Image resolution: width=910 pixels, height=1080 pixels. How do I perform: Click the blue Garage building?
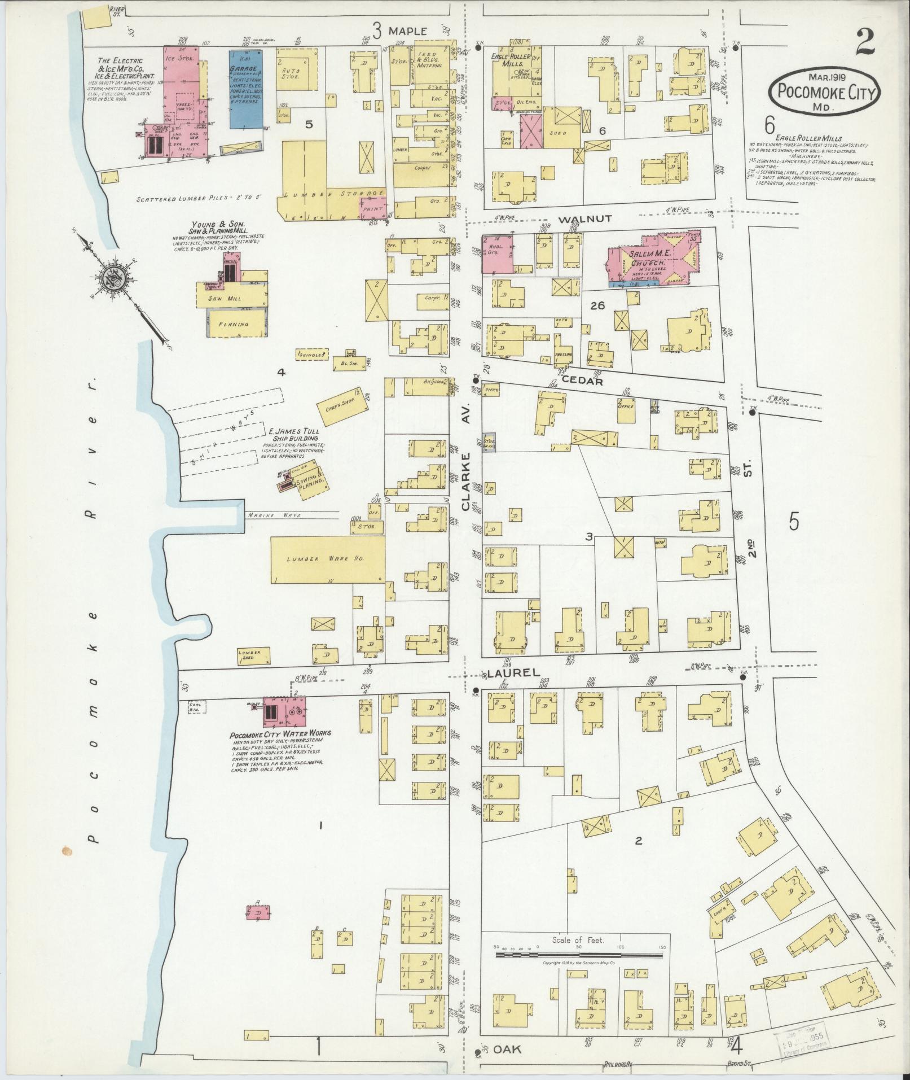(x=245, y=89)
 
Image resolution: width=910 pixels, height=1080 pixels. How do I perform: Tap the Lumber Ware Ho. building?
(x=327, y=558)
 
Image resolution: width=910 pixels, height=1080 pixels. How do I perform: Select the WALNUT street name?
(x=592, y=218)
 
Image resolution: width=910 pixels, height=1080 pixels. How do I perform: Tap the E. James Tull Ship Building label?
(x=296, y=434)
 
